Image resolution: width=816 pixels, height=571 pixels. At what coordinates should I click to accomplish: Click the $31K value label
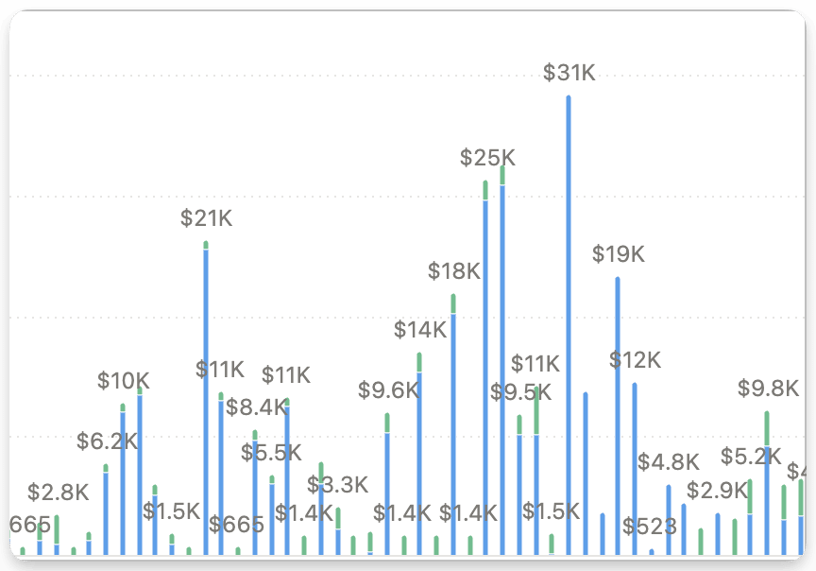click(x=569, y=73)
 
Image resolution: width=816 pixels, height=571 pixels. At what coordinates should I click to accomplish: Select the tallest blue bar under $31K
click(x=569, y=321)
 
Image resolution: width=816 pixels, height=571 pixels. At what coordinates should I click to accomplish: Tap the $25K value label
click(x=487, y=158)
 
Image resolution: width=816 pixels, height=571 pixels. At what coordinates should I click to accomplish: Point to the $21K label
click(x=206, y=218)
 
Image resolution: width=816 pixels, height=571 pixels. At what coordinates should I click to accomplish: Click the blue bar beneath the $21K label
click(x=206, y=397)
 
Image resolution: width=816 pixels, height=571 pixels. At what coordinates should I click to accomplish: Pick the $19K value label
click(x=618, y=254)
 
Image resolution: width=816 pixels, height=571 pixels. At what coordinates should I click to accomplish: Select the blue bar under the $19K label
click(x=618, y=416)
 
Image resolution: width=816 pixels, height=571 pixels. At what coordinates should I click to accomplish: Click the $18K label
click(x=453, y=271)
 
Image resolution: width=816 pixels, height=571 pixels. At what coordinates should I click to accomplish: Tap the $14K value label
click(x=419, y=330)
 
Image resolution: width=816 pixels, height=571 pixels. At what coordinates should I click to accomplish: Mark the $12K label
click(x=635, y=360)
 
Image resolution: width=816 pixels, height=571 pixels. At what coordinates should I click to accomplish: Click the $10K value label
click(x=123, y=381)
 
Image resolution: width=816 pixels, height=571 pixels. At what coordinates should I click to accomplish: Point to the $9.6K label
click(x=387, y=390)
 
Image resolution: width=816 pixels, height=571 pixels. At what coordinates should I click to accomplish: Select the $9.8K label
click(x=768, y=389)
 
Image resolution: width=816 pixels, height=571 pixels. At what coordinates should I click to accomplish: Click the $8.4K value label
click(x=255, y=407)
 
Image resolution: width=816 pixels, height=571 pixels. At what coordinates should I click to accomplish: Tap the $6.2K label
click(x=107, y=441)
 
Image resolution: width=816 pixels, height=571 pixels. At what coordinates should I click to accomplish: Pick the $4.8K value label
click(x=668, y=462)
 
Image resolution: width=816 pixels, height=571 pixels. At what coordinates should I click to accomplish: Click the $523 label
click(x=650, y=527)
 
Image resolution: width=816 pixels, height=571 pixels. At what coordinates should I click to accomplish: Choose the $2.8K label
click(x=58, y=493)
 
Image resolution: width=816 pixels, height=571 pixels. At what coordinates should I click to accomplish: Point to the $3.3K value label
click(x=337, y=486)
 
